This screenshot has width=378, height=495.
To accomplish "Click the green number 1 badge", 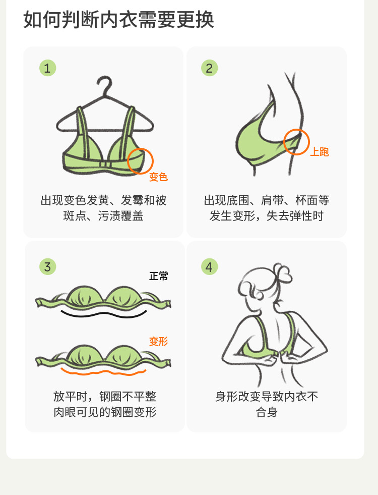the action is [x=47, y=68].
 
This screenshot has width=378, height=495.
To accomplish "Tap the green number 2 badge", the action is [x=209, y=68].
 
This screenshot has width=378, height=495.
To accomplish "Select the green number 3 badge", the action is [x=47, y=267].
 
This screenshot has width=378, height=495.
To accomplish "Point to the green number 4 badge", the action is [x=209, y=267].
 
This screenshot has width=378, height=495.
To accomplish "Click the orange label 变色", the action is [x=158, y=177].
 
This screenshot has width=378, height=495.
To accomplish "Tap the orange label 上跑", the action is [x=320, y=152].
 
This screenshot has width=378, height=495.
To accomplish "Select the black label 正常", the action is [x=159, y=276].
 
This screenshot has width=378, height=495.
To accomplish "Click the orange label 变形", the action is [x=159, y=341].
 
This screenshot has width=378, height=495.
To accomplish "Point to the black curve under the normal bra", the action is [x=104, y=314].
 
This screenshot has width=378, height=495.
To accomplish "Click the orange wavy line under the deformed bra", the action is [x=104, y=373].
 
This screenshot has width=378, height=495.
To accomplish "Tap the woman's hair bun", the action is [x=283, y=272].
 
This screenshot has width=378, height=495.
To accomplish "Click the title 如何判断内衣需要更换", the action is [x=119, y=20].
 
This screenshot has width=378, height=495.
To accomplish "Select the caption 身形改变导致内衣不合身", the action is [x=267, y=404].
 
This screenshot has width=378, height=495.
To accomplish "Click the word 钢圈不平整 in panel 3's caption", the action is [x=128, y=397].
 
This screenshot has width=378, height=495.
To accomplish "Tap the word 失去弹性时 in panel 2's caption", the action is [x=295, y=216].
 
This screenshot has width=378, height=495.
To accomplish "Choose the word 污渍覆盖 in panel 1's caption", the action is [x=121, y=216].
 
